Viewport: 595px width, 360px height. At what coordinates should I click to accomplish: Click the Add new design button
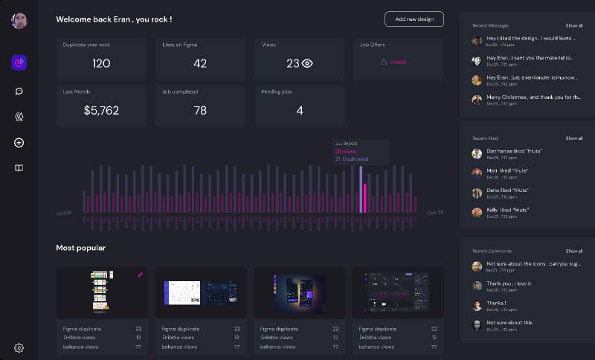click(x=414, y=19)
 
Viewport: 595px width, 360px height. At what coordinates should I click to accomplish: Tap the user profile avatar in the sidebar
click(x=19, y=20)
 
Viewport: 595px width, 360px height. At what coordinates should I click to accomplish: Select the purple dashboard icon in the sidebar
click(x=19, y=62)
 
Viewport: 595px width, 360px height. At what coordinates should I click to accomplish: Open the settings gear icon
click(x=19, y=347)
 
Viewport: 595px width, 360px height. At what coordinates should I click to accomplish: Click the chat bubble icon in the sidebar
click(x=19, y=91)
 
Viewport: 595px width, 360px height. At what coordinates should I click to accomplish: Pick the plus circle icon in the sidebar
click(x=19, y=142)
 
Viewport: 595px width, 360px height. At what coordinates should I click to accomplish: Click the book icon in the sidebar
click(x=19, y=168)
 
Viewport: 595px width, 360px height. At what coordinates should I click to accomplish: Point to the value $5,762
click(x=101, y=111)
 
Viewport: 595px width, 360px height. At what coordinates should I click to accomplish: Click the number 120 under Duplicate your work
click(x=101, y=64)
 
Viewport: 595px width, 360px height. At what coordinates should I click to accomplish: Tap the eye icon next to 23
click(x=307, y=64)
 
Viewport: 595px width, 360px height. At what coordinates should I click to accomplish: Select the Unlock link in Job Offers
click(x=398, y=62)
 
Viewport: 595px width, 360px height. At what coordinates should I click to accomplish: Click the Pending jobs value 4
click(x=300, y=111)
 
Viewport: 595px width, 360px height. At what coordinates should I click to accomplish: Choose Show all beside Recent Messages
click(x=573, y=25)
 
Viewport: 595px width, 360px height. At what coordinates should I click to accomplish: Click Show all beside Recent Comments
click(x=573, y=251)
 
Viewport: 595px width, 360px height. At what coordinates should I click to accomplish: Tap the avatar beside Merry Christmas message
click(x=477, y=100)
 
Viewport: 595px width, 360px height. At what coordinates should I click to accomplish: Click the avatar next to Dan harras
click(x=477, y=154)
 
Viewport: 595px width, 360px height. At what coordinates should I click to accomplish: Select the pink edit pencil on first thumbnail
click(x=140, y=274)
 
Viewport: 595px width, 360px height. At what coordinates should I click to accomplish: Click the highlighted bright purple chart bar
click(x=361, y=190)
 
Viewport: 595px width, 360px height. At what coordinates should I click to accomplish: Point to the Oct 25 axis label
click(x=435, y=213)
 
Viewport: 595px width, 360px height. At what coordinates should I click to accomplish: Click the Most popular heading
click(x=80, y=248)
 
